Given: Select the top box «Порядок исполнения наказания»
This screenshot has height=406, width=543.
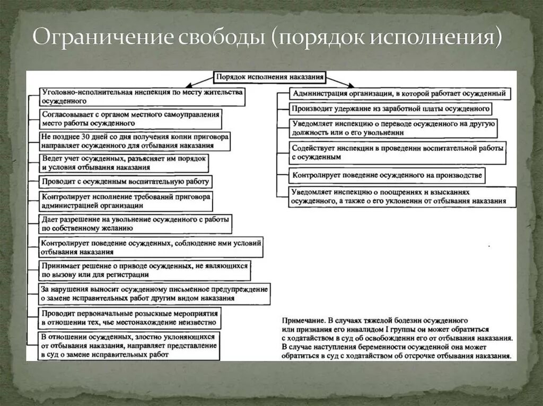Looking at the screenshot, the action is coord(269,77).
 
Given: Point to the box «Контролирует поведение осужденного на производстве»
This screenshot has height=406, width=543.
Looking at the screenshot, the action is coord(386,175).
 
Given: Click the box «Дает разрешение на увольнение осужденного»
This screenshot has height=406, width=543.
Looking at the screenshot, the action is coord(136,223).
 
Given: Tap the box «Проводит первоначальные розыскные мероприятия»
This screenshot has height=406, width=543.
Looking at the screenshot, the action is coord(130,318).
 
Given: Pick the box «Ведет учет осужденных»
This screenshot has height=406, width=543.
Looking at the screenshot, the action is coord(124,163).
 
